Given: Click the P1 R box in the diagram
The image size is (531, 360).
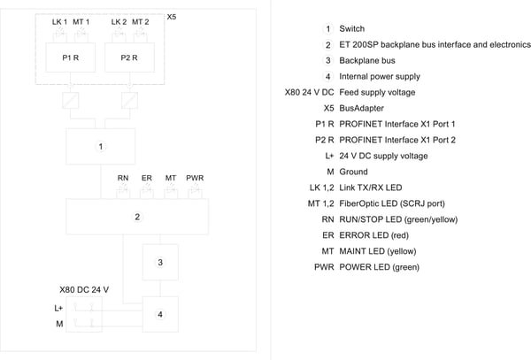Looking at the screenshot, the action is (71, 57).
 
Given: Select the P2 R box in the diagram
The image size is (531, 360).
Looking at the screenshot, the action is (129, 57).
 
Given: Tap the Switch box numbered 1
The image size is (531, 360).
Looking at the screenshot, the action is (101, 147).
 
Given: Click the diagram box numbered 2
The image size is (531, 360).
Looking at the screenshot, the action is (137, 217).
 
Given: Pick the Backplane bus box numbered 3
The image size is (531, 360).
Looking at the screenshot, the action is (160, 262).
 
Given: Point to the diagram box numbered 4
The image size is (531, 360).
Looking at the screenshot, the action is (160, 314).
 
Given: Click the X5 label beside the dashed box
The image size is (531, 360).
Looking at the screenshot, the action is (172, 17).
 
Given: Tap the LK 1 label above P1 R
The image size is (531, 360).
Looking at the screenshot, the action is (59, 22).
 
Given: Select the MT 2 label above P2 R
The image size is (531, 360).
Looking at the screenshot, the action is (140, 22).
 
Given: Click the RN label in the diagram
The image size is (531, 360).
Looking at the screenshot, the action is (123, 178).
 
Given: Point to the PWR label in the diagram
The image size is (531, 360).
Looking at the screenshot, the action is (195, 178).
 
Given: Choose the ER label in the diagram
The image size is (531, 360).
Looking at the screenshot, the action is (147, 178).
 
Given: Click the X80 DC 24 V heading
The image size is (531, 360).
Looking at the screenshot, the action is (84, 289).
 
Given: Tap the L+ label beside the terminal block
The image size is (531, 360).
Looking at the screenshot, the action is (58, 308).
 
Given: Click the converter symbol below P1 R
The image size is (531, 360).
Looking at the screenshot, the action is (71, 100).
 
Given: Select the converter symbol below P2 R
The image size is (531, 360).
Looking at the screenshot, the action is (129, 100).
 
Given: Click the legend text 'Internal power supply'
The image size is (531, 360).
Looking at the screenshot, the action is (380, 76).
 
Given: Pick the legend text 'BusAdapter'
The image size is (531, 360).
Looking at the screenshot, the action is (361, 108).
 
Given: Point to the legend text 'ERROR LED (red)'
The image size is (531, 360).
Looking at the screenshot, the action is (373, 235).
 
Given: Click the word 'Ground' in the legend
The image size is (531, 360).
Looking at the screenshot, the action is (353, 172).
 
